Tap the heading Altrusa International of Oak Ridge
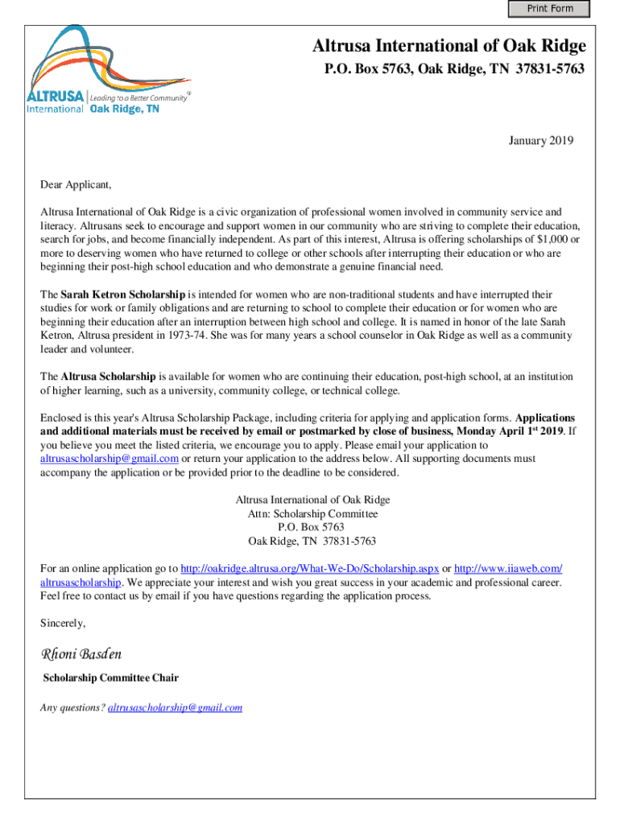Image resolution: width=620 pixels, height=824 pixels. point(449,46)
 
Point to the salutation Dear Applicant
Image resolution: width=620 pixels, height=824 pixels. point(76,185)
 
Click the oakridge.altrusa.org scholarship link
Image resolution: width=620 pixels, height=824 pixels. point(310,568)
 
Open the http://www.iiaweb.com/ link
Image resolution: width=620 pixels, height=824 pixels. point(508,568)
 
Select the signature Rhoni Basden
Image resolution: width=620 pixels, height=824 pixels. point(81,653)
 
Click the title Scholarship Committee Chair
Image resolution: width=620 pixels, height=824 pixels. point(111,678)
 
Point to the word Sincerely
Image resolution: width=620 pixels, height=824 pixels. point(63,623)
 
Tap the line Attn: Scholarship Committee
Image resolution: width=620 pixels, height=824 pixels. point(312,513)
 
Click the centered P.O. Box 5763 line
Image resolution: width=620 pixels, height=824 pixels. point(312,527)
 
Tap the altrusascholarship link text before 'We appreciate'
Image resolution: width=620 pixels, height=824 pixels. point(81,582)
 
